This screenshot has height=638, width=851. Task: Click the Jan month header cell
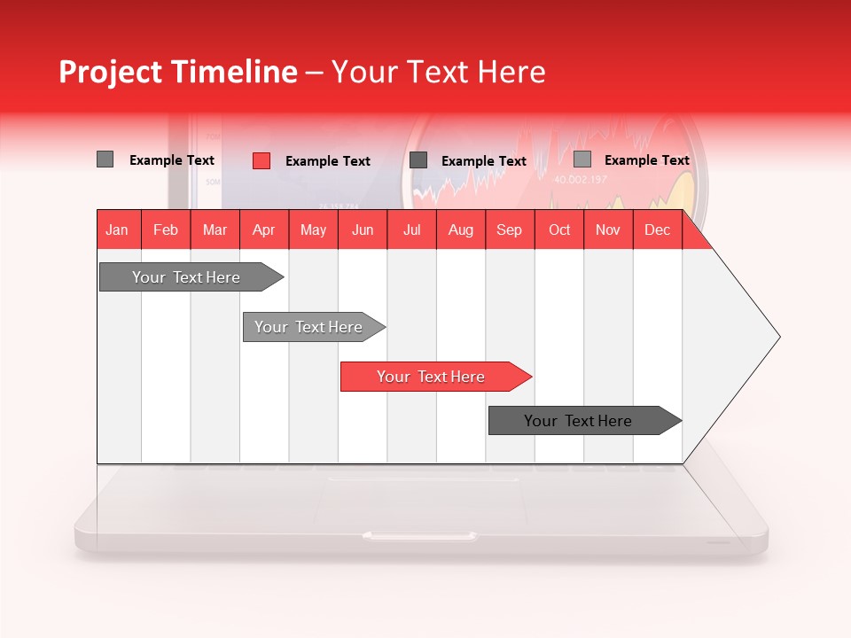(x=117, y=230)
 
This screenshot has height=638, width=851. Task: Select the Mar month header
(x=215, y=230)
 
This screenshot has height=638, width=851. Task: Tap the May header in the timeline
(x=313, y=230)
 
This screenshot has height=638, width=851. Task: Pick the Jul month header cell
(x=411, y=230)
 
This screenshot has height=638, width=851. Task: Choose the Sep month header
(x=509, y=230)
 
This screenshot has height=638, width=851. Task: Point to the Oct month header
(x=559, y=230)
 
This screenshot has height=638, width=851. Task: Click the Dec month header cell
(x=657, y=230)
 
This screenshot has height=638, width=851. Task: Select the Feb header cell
(x=166, y=230)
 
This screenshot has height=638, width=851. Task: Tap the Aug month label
(x=460, y=230)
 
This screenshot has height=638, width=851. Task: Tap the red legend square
(x=262, y=160)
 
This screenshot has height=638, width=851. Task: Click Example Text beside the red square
(x=327, y=161)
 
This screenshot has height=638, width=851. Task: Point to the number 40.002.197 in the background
(x=581, y=180)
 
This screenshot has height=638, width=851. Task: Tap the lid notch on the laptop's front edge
(x=420, y=535)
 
